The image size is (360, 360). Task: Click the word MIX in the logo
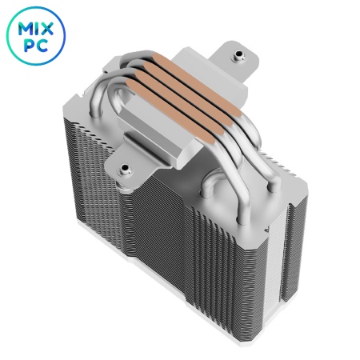pyautogui.click(x=36, y=29)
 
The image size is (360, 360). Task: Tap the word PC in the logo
pyautogui.click(x=36, y=46)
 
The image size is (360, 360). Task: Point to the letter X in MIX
pyautogui.click(x=47, y=29)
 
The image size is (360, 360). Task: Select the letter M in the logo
pyautogui.click(x=26, y=29)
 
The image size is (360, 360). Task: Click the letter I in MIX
pyautogui.click(x=38, y=29)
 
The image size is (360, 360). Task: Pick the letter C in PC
pyautogui.click(x=42, y=46)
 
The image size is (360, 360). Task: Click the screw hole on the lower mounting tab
pyautogui.click(x=124, y=169)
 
